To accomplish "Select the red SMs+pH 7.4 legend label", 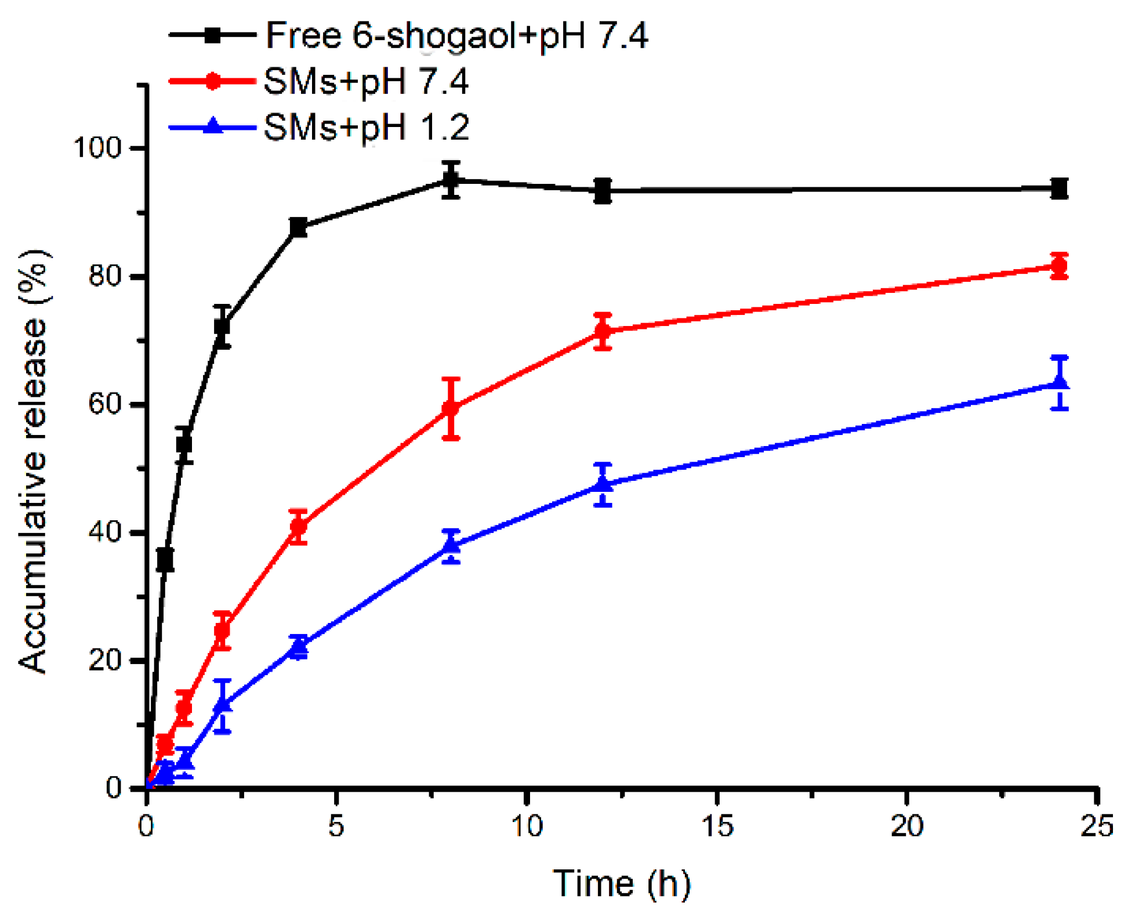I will (365, 81).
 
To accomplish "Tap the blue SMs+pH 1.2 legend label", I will (365, 127).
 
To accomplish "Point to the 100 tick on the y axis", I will (97, 148).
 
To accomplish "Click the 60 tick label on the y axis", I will (105, 404).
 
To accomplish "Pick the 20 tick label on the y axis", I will (105, 660).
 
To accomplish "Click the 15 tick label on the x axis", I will (717, 825).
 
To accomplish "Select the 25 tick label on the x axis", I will (1097, 825).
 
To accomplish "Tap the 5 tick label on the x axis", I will (336, 825).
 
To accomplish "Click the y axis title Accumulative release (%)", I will (33, 461).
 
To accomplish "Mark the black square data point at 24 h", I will (1059, 189).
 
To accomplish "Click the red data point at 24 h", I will (1059, 267).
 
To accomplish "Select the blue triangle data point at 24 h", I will (1059, 382).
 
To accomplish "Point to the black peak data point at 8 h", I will (451, 180).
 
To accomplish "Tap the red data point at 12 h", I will (603, 332).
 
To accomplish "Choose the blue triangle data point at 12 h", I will (603, 483).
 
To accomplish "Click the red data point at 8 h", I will (451, 408).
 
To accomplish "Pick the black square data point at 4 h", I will (298, 228).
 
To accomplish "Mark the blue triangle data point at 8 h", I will (451, 545).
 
